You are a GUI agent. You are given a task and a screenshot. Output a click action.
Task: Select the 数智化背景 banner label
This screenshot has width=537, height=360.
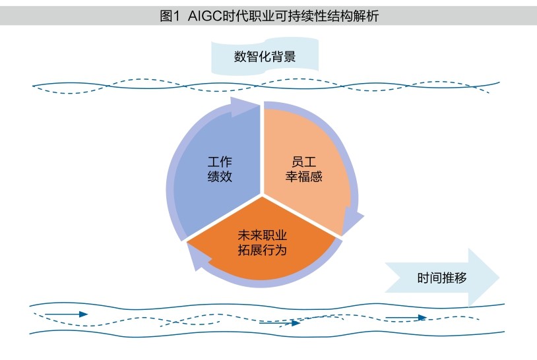pos(264,57)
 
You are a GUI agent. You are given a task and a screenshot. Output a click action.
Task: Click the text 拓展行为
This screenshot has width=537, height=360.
pos(263,251)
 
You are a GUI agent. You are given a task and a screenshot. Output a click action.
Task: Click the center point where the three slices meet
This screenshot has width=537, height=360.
pos(263,195)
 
